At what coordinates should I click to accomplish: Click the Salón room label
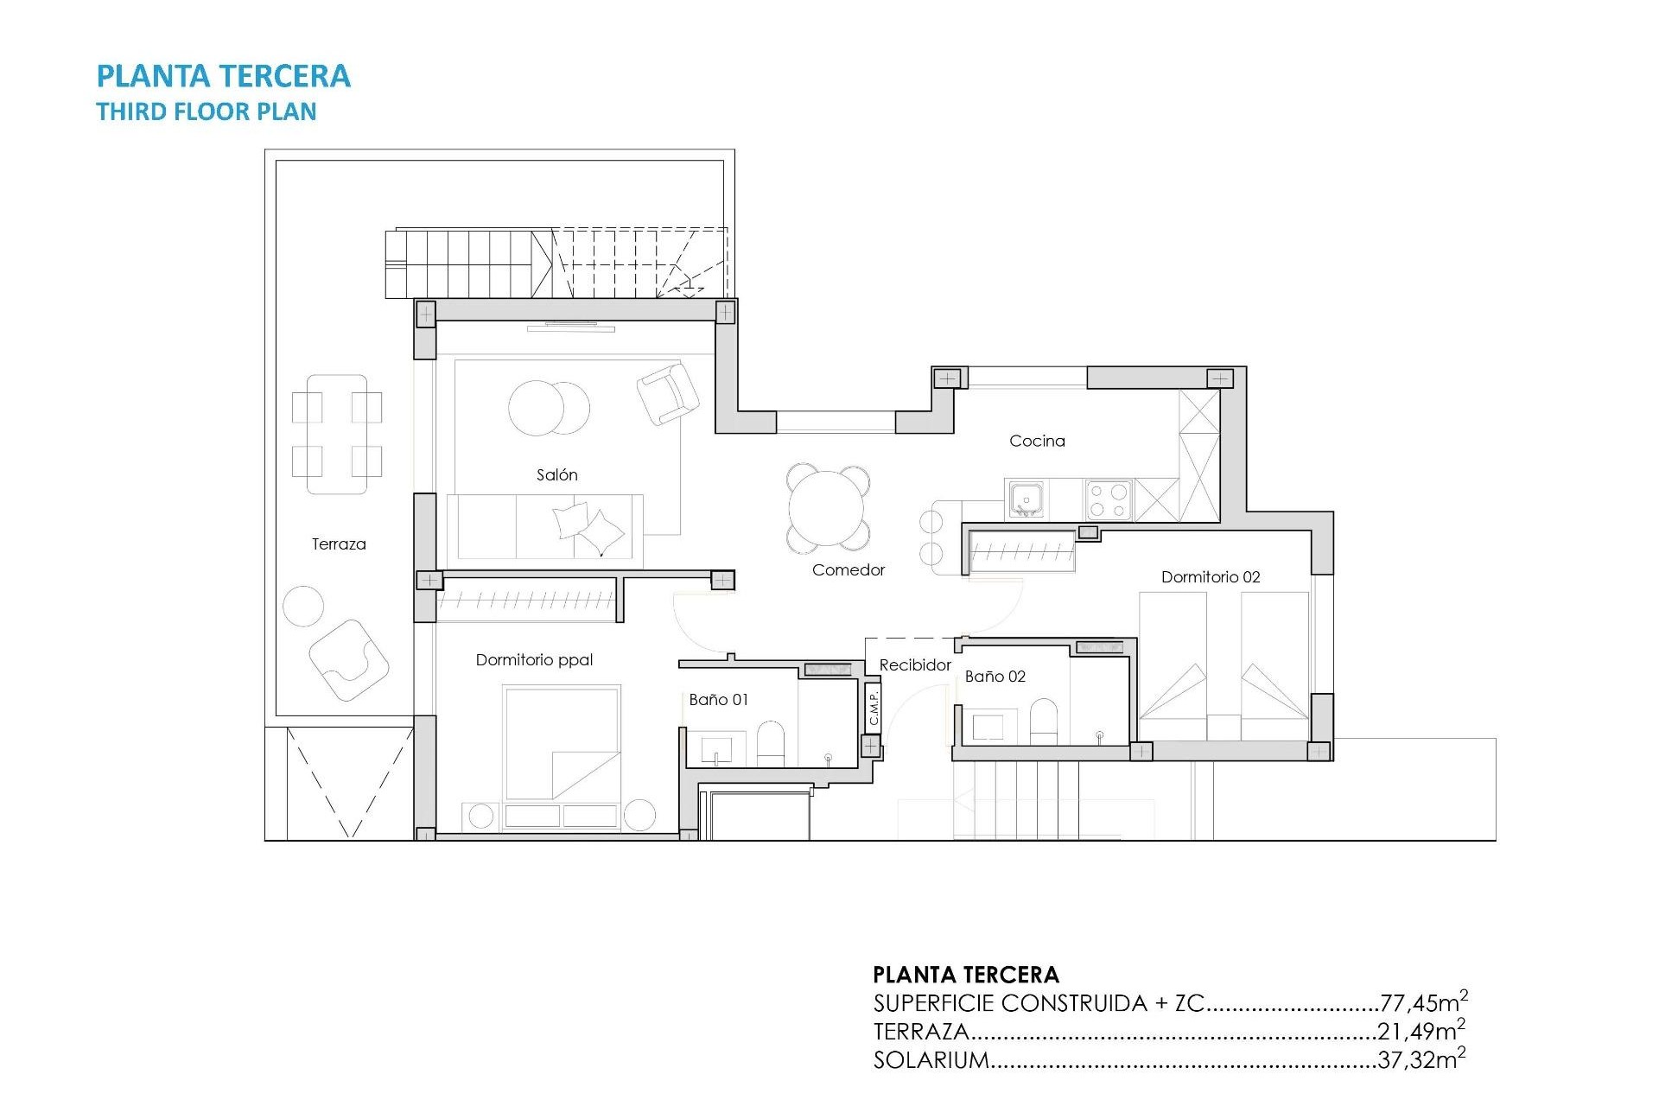[556, 474]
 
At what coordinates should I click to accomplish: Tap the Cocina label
[1037, 441]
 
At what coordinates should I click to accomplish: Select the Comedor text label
[848, 569]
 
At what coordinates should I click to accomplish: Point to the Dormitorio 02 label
[1210, 577]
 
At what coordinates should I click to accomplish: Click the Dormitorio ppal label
[534, 660]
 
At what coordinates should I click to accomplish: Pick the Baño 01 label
[718, 700]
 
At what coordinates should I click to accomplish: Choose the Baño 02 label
[995, 677]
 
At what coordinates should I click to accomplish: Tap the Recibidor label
[915, 664]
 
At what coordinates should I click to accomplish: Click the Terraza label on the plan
[339, 544]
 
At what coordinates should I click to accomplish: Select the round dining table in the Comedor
[828, 508]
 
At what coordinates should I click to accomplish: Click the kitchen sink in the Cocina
[1027, 499]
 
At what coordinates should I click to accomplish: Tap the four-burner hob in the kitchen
[1109, 499]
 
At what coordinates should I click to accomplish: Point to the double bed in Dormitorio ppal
[563, 743]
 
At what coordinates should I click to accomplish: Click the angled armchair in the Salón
[667, 393]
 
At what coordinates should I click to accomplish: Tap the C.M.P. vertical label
[874, 708]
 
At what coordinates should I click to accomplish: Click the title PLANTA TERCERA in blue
[223, 76]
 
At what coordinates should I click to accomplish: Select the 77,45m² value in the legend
[1423, 1002]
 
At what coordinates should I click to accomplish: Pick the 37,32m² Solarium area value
[1421, 1059]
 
